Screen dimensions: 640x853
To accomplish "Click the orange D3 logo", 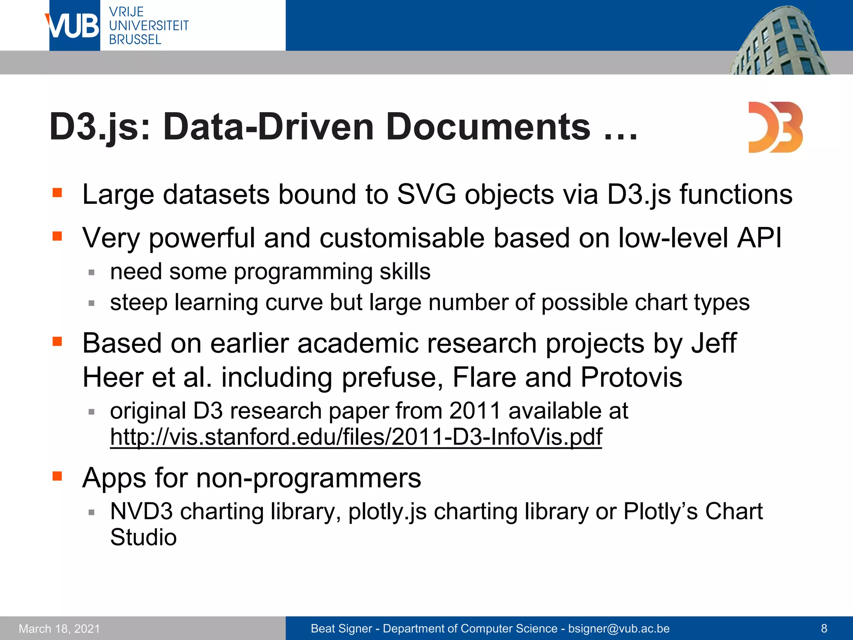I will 775,127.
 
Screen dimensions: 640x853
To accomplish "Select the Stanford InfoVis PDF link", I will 356,437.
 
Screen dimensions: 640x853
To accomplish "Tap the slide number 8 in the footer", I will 824,628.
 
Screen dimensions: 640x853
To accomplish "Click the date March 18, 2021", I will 60,629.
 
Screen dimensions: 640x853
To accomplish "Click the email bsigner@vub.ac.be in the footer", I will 619,628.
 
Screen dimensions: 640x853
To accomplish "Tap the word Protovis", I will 631,377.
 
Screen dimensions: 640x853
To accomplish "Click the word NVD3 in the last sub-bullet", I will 141,511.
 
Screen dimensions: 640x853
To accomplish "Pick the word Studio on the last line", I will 143,537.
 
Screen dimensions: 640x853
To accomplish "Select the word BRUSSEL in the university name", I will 135,40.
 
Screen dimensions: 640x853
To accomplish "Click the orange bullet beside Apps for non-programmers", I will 57,476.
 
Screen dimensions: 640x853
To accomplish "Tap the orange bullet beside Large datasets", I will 57,193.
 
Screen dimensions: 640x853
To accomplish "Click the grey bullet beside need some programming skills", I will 92,272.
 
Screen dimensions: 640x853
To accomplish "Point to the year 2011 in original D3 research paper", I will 474,411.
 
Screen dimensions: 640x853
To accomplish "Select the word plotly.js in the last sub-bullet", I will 387,511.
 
